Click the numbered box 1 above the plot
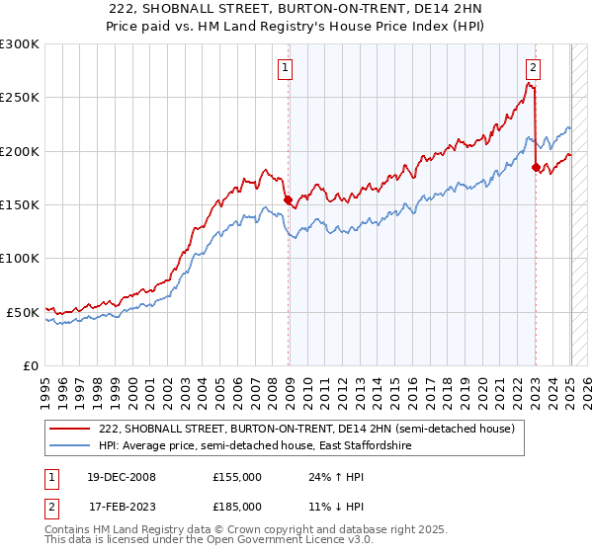pyautogui.click(x=285, y=68)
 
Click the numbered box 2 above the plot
pyautogui.click(x=533, y=68)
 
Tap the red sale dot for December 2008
pyautogui.click(x=289, y=200)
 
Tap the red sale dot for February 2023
pyautogui.click(x=536, y=168)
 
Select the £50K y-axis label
pyautogui.click(x=24, y=312)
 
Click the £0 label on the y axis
pyautogui.click(x=32, y=365)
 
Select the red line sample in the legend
pyautogui.click(x=71, y=430)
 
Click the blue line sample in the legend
pyautogui.click(x=71, y=446)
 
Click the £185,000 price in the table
pyautogui.click(x=237, y=506)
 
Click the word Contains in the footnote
pyautogui.click(x=69, y=530)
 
